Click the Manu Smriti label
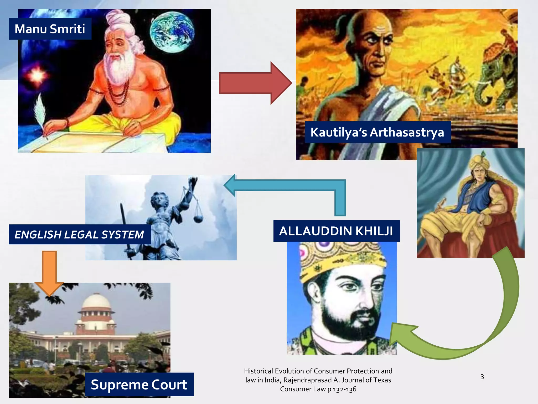tap(50, 29)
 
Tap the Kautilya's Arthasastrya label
tap(377, 132)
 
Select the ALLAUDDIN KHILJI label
tap(336, 231)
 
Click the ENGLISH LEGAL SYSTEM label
tap(79, 234)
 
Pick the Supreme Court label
tap(139, 384)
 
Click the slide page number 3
tap(482, 377)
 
